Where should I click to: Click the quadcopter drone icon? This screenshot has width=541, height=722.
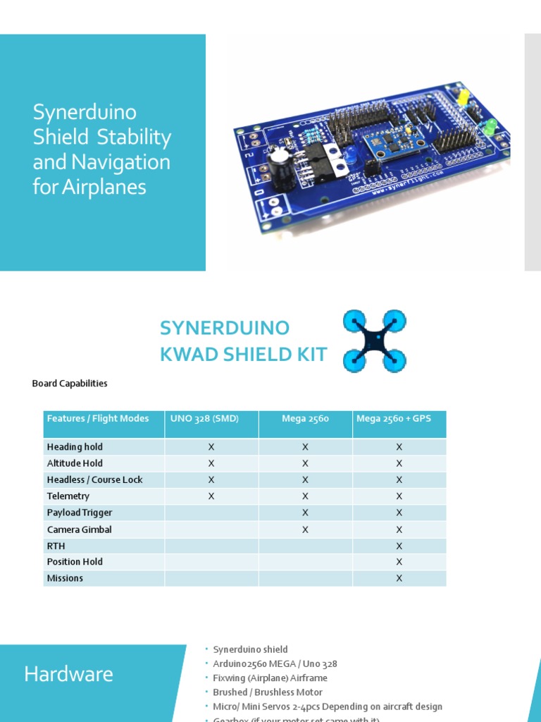(374, 341)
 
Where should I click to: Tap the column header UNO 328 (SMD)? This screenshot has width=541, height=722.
(204, 419)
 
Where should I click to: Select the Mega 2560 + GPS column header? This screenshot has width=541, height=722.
(394, 419)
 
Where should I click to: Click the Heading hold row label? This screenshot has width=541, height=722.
(75, 447)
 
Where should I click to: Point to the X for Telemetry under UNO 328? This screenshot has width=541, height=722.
(211, 496)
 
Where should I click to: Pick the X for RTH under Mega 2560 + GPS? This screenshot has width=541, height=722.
(399, 546)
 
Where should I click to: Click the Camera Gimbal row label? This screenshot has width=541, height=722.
(79, 530)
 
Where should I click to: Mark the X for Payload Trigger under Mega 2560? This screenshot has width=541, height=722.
(305, 513)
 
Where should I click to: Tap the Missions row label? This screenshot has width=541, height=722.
(65, 578)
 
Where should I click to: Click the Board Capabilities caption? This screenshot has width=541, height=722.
(70, 384)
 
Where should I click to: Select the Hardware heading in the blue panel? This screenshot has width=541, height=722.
(68, 674)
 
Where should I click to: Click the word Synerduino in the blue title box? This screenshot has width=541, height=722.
(85, 112)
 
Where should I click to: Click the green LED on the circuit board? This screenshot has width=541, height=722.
(489, 127)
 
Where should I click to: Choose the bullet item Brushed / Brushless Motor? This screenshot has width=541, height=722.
(268, 692)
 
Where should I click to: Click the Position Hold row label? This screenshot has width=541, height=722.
(75, 562)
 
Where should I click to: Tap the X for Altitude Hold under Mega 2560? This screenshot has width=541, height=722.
(305, 463)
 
